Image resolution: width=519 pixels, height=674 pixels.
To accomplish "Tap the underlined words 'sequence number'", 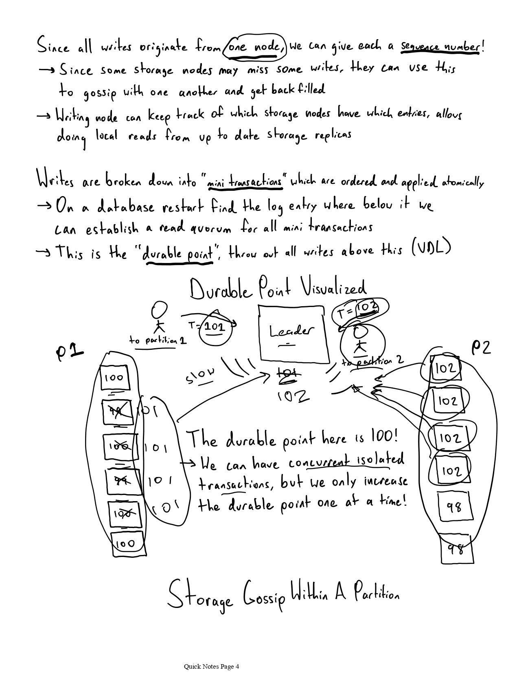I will coord(440,46).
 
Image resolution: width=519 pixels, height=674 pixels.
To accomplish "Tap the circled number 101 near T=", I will coord(215,326).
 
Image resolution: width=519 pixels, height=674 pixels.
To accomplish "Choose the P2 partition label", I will coord(481,347).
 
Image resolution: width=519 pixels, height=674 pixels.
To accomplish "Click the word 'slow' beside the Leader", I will coord(200,376).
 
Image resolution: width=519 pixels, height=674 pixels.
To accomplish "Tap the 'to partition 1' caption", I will coord(158,340).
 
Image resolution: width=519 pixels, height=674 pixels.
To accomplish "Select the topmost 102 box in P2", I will coord(445,368).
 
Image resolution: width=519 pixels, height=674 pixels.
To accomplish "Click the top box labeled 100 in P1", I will coord(114,378).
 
